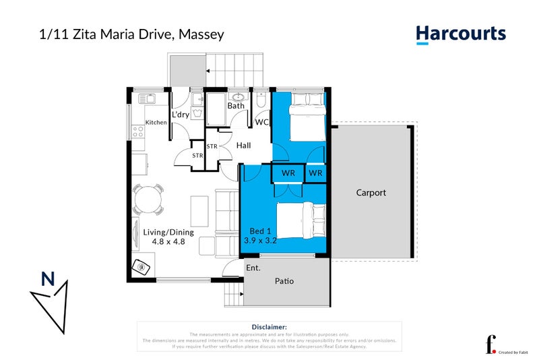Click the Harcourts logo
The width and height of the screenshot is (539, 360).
pyautogui.click(x=460, y=34)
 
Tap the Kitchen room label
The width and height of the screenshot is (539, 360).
pyautogui.click(x=156, y=123)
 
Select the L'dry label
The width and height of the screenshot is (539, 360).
pyautogui.click(x=181, y=115)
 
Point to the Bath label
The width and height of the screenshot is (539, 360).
pyautogui.click(x=236, y=106)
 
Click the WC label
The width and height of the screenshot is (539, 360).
pyautogui.click(x=261, y=123)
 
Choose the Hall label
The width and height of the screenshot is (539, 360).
pyautogui.click(x=243, y=145)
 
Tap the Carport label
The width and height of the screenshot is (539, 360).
pyautogui.click(x=371, y=193)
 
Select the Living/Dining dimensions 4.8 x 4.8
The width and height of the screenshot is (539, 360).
pyautogui.click(x=168, y=241)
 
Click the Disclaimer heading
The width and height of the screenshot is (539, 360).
pyautogui.click(x=269, y=326)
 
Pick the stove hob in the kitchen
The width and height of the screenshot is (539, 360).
pyautogui.click(x=139, y=130)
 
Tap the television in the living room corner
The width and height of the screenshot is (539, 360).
pyautogui.click(x=144, y=266)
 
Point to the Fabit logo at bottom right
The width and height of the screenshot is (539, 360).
pyautogui.click(x=493, y=343)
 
